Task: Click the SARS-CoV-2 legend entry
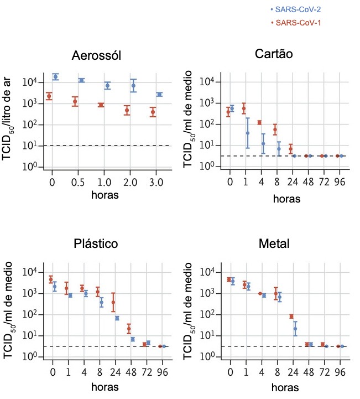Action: pos(295,9)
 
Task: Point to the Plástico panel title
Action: pos(96,244)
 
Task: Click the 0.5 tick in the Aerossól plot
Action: pos(79,182)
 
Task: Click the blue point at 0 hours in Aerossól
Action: pos(55,76)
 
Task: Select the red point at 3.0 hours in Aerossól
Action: pos(153,112)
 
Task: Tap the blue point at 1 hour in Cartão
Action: pos(248,133)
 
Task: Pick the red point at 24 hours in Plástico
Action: pos(113,303)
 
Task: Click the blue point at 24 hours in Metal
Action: pos(295,329)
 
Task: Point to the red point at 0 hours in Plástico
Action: pos(51,280)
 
